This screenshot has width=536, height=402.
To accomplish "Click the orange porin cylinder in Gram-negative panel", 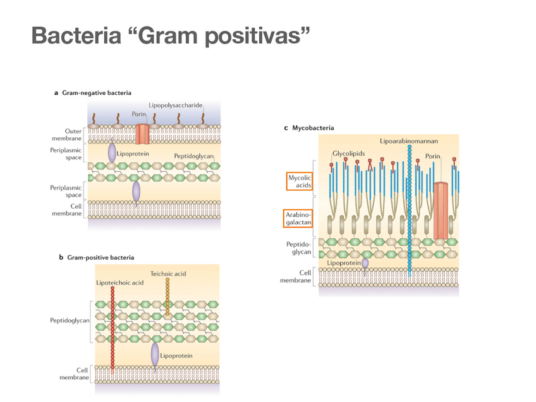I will [142, 133].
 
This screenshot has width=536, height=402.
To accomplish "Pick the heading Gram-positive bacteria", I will [96, 257].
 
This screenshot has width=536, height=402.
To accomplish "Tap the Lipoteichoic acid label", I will [119, 282].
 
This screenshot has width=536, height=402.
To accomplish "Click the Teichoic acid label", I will [168, 274].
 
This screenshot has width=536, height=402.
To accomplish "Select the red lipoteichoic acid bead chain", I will [113, 329].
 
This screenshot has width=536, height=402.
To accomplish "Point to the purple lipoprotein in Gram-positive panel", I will [155, 355].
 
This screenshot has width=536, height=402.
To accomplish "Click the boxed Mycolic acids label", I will [300, 181].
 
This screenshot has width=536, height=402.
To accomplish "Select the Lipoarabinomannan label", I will [409, 140].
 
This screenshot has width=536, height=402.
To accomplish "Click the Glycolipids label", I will [350, 154].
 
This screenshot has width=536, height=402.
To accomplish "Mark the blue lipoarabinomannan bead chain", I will [410, 209].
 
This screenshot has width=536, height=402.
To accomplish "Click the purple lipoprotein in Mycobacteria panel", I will [365, 264].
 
